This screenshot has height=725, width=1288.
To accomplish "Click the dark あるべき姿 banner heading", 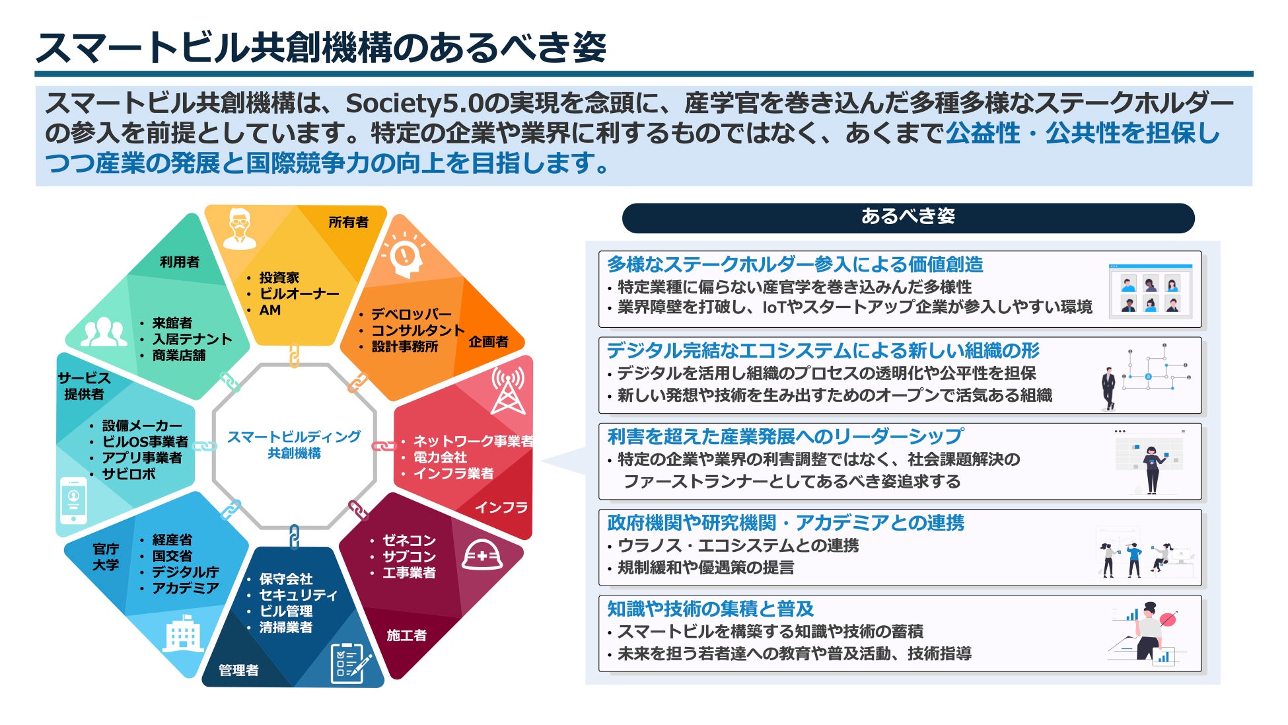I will tap(908, 217).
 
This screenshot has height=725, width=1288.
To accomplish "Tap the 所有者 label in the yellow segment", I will tap(348, 223).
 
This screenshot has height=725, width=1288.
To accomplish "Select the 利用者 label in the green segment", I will tap(179, 262).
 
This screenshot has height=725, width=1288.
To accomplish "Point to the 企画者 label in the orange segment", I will tap(488, 342).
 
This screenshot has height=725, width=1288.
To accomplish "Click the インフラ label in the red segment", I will tap(501, 508).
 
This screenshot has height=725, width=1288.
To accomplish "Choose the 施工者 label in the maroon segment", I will tap(406, 636).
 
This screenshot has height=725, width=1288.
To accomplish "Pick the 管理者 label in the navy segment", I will tap(238, 671).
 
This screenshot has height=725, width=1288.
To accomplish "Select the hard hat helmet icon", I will tap(482, 555).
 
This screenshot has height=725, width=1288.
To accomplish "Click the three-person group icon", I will tap(104, 332).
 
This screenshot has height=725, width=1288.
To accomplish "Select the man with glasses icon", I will tap(239, 229).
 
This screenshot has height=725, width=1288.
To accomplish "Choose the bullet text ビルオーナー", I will tap(299, 294).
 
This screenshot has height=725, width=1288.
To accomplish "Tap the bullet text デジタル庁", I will tap(185, 572).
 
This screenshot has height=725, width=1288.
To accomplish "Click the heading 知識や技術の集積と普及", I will tap(710, 609).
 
